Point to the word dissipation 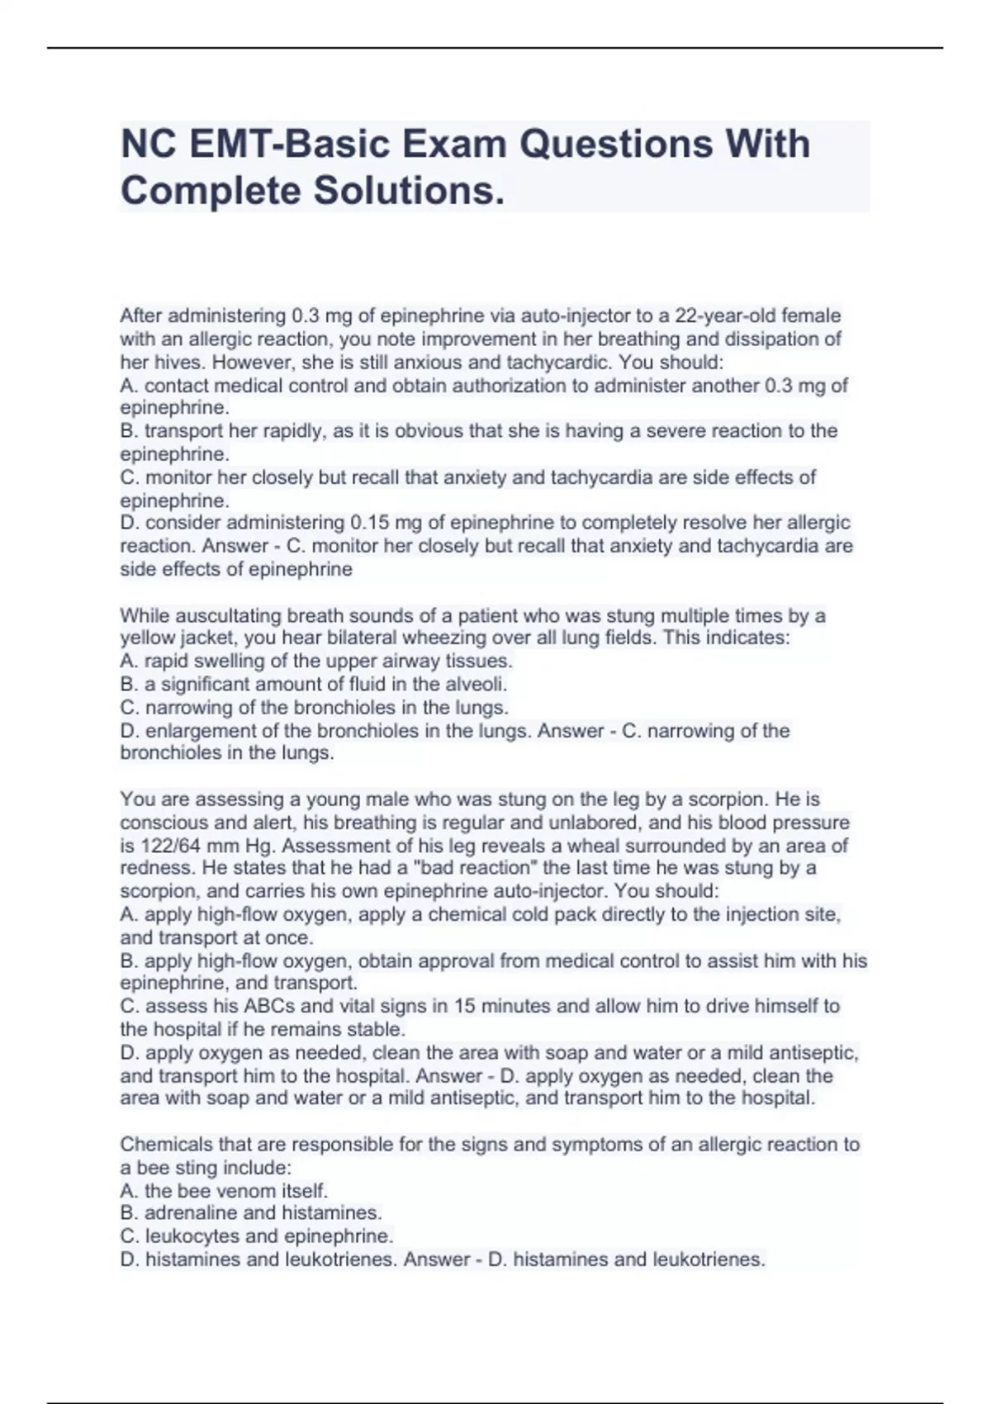click(785, 339)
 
